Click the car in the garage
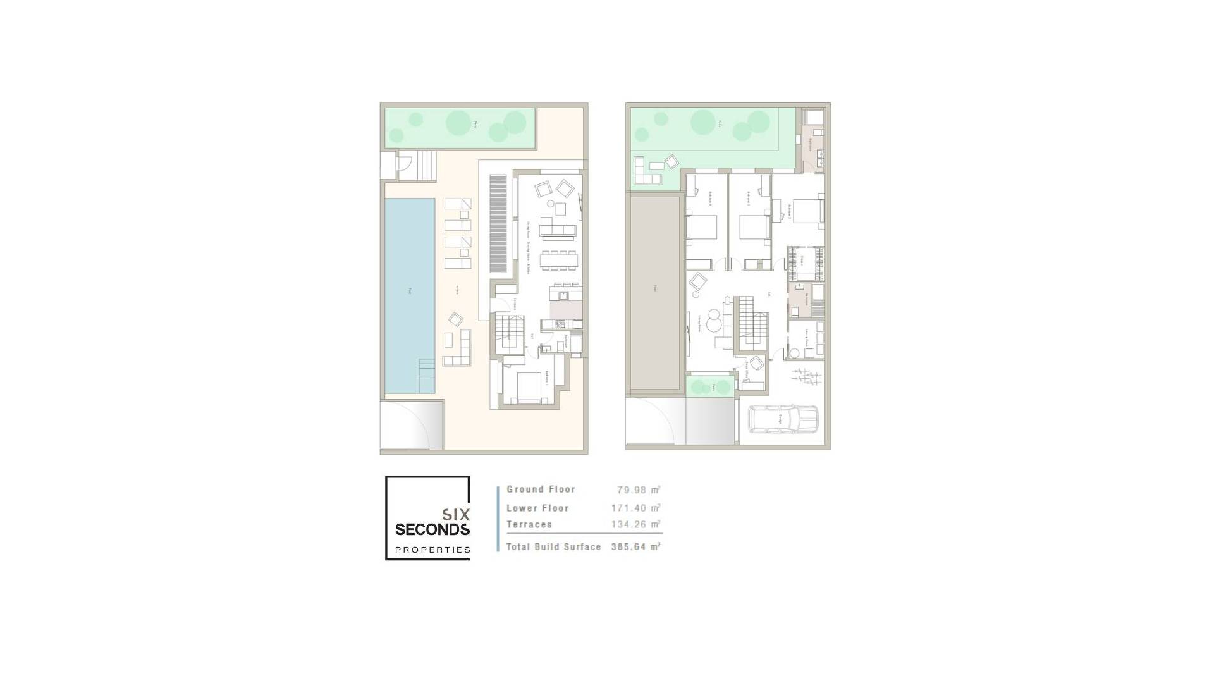783,419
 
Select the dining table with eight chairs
559,260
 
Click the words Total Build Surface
553,547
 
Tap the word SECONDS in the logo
432,529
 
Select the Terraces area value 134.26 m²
635,525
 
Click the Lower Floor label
537,508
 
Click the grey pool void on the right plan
654,291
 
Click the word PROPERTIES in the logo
432,550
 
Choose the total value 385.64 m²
635,547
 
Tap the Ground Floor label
541,489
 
